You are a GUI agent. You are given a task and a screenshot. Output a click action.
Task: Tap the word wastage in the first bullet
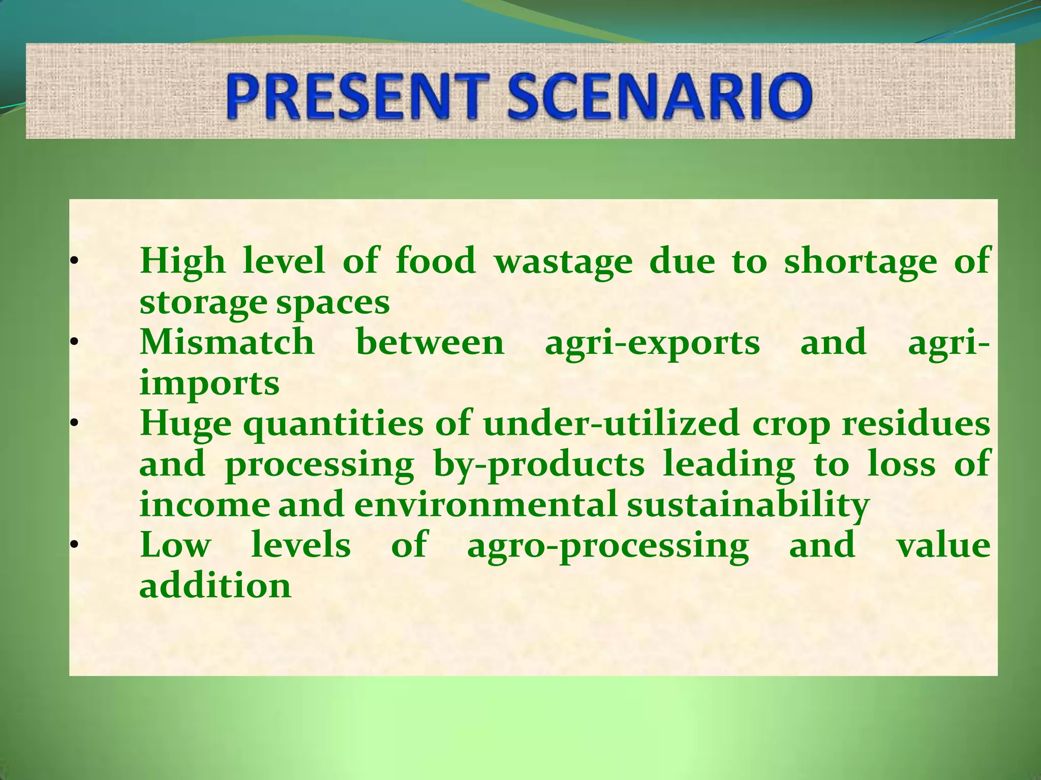[x=563, y=262]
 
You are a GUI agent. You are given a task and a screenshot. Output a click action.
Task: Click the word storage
[x=203, y=303]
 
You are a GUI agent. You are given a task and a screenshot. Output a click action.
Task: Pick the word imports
[x=209, y=384]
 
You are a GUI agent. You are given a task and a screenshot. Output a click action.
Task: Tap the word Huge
[x=186, y=424]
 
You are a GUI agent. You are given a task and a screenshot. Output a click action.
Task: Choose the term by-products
[x=539, y=465]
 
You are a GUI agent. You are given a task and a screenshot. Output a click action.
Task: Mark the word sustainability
[x=748, y=506]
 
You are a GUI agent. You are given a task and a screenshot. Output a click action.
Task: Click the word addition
[x=215, y=586]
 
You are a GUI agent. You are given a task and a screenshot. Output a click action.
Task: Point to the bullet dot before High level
[x=73, y=262]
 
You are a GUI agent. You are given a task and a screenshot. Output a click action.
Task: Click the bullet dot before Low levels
[x=73, y=546]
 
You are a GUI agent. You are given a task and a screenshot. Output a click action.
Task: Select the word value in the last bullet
[x=943, y=545]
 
